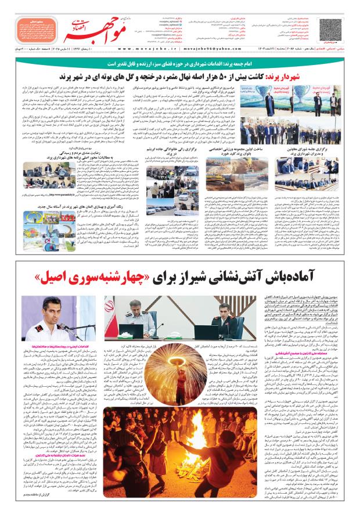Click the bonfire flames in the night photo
192,447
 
